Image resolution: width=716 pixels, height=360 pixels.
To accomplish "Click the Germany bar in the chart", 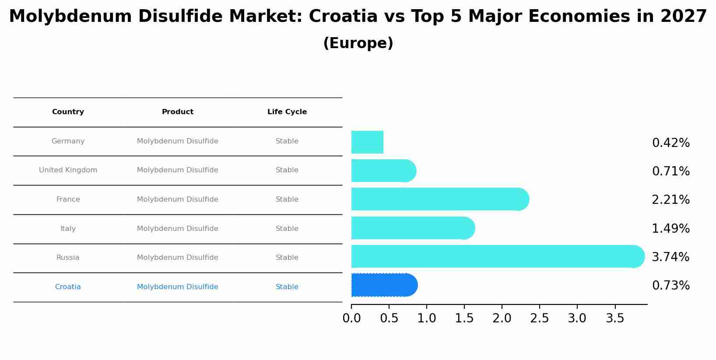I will pos(367,142).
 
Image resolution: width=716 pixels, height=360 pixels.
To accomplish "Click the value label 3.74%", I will pos(670,257).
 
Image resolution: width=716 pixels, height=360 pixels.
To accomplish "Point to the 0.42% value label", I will pos(670,143).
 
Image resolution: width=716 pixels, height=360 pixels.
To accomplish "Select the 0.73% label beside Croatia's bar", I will pos(670,286).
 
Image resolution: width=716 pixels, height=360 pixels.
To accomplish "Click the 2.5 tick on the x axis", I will pos(539,318).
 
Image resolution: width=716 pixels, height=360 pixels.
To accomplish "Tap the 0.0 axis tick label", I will pos(351,318).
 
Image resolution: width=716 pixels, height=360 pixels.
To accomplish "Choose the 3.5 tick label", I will pos(614,318).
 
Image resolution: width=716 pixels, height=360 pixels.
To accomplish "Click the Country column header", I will pos(68,112).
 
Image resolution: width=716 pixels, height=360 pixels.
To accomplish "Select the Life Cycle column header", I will pos(287,112).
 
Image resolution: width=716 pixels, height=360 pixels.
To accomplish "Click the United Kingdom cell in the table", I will pos(68,170).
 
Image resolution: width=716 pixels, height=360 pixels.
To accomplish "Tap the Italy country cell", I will pos(68,229).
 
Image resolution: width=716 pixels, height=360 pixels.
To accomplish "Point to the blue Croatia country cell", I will pos(68,287).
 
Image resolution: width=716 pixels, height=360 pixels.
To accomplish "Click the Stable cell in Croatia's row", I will pos(287,287).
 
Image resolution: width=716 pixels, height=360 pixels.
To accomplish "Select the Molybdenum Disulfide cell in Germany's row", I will pos(177,141).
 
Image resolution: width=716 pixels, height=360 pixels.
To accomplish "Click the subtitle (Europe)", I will pos(358,43).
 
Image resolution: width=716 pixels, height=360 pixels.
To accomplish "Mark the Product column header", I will pos(177,112).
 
